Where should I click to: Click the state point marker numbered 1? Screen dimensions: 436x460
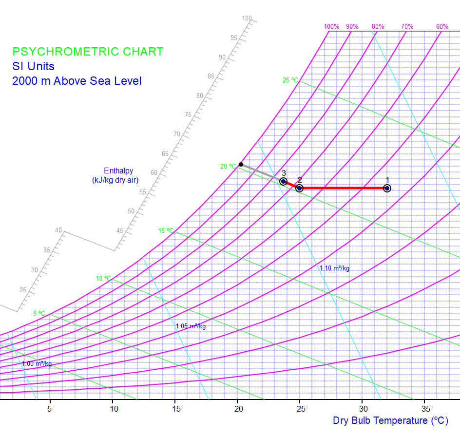tap(387, 188)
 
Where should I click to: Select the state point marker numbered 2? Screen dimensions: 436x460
tap(300, 188)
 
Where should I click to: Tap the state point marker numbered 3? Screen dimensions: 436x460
tap(283, 182)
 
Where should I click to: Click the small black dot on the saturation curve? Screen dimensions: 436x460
tap(241, 164)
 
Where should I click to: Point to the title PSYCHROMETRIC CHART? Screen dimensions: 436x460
tap(88, 52)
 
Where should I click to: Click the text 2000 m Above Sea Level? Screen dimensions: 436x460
tap(77, 81)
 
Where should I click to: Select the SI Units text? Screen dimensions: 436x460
tap(34, 66)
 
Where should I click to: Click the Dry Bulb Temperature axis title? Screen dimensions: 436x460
tap(390, 420)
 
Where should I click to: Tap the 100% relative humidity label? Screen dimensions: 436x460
tap(331, 27)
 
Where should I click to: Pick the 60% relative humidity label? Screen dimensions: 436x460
tap(442, 27)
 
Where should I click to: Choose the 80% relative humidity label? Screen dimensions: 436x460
tap(378, 27)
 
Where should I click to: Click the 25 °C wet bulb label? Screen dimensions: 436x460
tap(290, 80)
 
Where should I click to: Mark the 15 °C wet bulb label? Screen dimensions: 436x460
tap(166, 230)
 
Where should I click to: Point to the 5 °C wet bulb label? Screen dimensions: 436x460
tap(39, 313)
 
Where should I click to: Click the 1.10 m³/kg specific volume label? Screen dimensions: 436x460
tap(334, 268)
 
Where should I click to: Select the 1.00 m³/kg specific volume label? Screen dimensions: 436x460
tap(37, 364)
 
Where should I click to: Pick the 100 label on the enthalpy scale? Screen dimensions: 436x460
tap(247, 19)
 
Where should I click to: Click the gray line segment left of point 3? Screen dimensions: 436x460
tap(261, 172)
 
